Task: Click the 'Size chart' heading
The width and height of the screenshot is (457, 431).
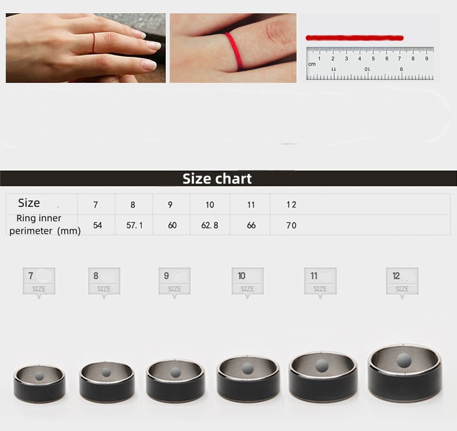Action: coord(217,178)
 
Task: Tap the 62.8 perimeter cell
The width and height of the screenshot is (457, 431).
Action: coord(210,225)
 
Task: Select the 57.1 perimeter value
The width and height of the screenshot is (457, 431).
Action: coord(134,225)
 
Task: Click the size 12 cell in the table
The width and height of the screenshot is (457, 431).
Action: coord(291,204)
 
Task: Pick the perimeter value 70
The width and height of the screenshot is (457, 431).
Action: coord(291,225)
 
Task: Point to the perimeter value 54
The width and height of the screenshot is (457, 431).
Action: coord(97,225)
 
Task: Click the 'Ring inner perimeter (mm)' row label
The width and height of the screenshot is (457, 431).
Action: coord(42,225)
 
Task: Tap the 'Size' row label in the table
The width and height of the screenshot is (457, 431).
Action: coord(29,203)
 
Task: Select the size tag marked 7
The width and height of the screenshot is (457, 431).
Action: coord(39,282)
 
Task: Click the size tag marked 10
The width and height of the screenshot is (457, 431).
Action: coord(247,282)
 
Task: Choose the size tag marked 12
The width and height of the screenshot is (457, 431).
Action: coord(402,282)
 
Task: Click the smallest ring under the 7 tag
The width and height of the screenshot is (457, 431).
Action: coord(39,382)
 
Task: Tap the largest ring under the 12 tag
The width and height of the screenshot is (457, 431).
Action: coord(405,374)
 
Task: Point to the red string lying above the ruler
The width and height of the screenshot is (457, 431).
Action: coord(354,38)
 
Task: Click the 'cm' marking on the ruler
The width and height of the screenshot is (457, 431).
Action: coord(312,64)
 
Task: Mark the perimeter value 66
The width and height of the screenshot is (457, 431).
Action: coord(251,225)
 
